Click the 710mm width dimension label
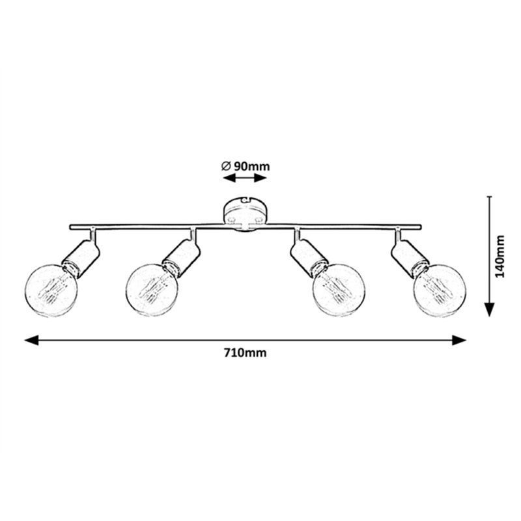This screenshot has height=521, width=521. (245, 353)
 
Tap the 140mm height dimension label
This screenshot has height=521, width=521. (500, 257)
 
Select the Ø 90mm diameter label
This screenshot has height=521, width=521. (245, 166)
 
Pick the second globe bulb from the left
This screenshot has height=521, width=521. (152, 290)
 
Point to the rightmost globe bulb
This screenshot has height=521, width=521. (440, 290)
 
